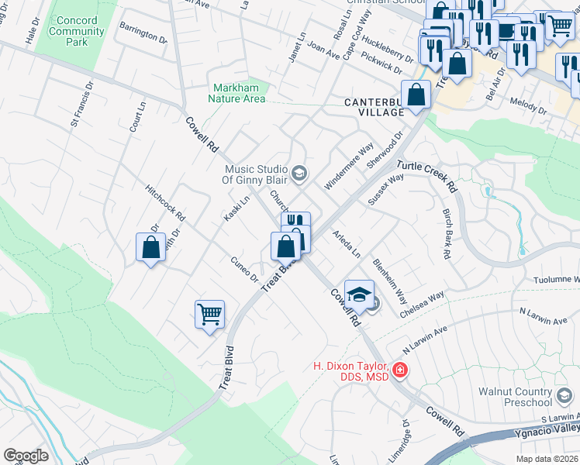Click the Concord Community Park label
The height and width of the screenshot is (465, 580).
78,31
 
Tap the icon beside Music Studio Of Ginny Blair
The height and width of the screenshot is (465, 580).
299,172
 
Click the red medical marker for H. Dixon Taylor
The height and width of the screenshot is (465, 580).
400,370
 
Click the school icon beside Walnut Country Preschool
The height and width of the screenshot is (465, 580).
565,396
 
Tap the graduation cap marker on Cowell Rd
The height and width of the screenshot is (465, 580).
359,294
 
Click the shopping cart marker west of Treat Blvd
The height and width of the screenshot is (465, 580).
209,315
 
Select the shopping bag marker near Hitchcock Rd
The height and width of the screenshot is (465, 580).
150,248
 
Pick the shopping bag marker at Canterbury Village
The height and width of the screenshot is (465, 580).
416,95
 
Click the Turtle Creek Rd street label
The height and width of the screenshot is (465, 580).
427,177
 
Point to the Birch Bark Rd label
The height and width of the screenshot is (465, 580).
447,232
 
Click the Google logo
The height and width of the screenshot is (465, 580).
26,456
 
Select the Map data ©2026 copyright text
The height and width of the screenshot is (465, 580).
547,459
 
